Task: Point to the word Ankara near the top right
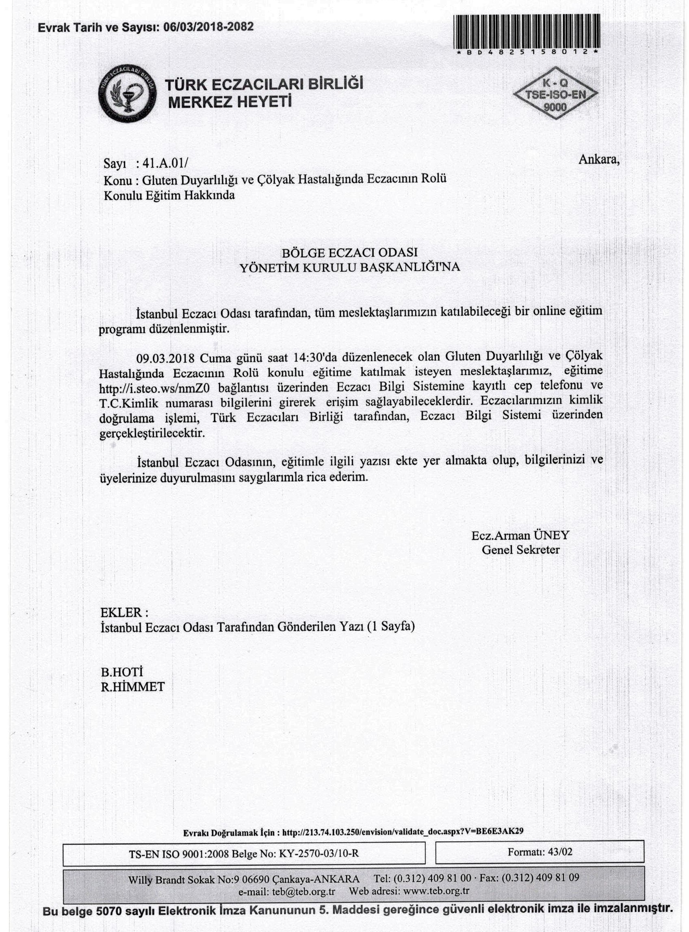(x=598, y=159)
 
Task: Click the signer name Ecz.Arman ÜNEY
(x=520, y=535)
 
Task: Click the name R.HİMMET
(x=132, y=687)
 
